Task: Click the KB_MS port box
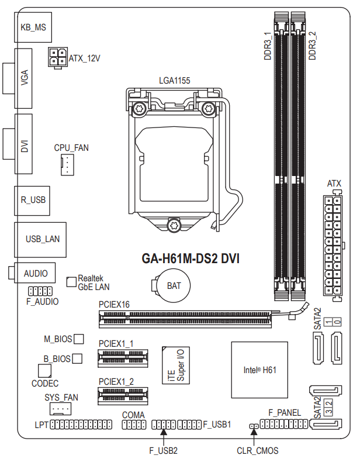coord(33,27)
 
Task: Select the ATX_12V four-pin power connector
coord(58,57)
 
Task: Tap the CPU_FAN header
coord(67,165)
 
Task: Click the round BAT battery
coord(173,285)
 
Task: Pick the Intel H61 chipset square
coord(259,370)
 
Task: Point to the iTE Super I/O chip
coord(176,366)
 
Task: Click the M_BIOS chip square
coord(78,339)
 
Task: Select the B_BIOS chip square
coord(77,358)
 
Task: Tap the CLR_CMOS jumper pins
coord(254,426)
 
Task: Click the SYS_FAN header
coord(60,409)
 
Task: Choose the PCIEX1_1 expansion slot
coord(123,358)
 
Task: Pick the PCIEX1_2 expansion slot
coord(123,396)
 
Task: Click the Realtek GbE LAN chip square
coord(71,282)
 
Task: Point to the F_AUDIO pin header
coord(40,291)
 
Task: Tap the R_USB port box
coord(32,201)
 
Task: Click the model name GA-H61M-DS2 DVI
coord(191,258)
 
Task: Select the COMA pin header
coord(134,425)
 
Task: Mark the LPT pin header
coord(81,425)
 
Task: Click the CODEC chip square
coord(44,371)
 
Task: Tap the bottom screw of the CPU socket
coord(174,225)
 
